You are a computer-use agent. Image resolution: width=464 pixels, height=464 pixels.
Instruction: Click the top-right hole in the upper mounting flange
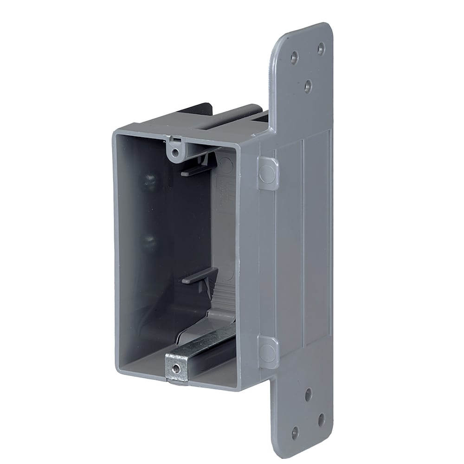[321, 48]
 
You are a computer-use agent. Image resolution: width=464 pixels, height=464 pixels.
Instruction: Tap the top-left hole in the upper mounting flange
[294, 58]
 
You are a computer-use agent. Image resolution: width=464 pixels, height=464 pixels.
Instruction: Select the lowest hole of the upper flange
[308, 85]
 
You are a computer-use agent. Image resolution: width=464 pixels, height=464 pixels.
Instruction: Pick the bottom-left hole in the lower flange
[295, 433]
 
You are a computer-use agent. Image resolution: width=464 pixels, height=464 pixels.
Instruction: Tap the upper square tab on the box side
[268, 173]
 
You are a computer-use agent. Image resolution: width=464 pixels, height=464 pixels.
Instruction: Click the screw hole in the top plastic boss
[174, 153]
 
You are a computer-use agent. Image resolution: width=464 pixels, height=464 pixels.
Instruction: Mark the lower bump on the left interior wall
[149, 241]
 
